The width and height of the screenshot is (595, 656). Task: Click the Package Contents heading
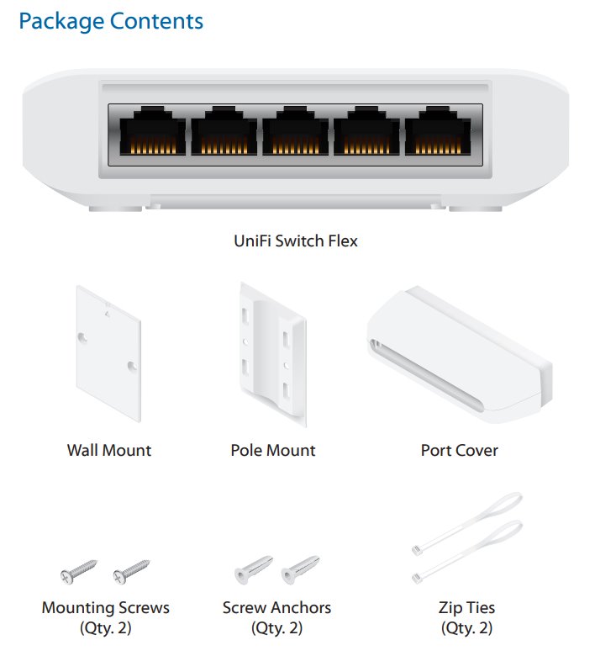111,20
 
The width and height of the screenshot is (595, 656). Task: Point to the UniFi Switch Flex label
296,241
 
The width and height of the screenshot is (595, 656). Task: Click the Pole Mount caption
273,451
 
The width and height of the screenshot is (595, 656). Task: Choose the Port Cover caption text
459,451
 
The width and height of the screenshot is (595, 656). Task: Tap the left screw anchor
250,571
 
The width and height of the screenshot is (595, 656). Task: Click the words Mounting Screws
106,607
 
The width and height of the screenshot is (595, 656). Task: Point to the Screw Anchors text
276,607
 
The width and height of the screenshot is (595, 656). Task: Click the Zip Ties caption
467,607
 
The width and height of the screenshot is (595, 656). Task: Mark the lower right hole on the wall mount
131,366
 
